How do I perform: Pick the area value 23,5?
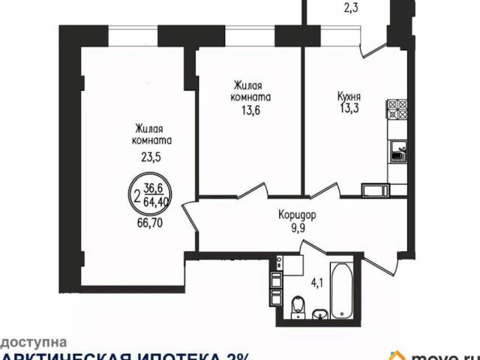click(x=150, y=157)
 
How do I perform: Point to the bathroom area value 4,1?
click(x=316, y=283)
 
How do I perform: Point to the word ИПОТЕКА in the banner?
click(x=172, y=355)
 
